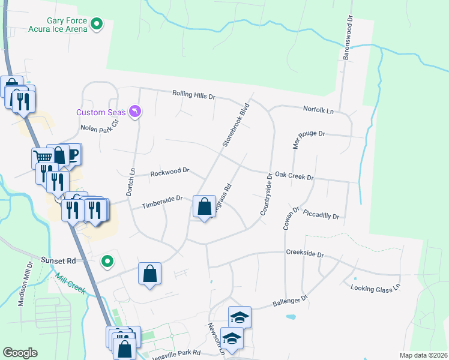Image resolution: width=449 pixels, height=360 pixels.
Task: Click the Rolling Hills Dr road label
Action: pyautogui.click(x=193, y=94)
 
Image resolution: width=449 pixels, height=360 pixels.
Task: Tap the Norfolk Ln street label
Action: pyautogui.click(x=318, y=110)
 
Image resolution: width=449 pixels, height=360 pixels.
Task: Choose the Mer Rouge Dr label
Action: pyautogui.click(x=309, y=134)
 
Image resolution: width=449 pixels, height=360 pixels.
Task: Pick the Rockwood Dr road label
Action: pyautogui.click(x=169, y=172)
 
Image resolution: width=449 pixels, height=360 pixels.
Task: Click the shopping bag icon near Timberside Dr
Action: pyautogui.click(x=205, y=207)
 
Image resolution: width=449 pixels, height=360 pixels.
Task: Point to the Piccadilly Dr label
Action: pyautogui.click(x=321, y=214)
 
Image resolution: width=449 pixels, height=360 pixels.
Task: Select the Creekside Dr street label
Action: pyautogui.click(x=304, y=254)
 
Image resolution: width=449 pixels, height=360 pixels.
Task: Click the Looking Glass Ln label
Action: pyautogui.click(x=376, y=289)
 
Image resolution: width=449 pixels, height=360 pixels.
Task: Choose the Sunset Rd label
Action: pyautogui.click(x=58, y=261)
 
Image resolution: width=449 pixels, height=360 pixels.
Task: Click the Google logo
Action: pyautogui.click(x=20, y=353)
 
